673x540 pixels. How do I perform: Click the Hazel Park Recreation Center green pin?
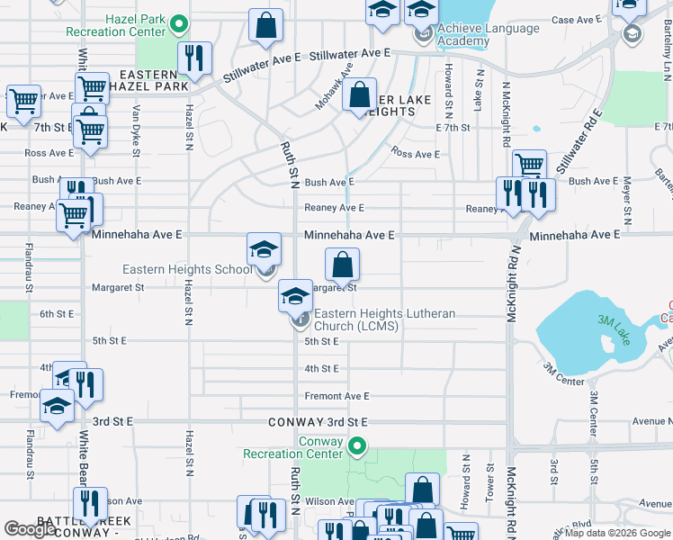pos(179,24)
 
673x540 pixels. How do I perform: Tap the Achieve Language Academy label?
pos(489,34)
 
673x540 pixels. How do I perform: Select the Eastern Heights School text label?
pos(187,269)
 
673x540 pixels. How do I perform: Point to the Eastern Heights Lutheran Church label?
pos(384,319)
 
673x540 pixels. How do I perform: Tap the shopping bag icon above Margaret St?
pos(342,265)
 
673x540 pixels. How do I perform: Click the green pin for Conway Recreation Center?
pos(358,445)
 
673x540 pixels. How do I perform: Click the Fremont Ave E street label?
pos(337,396)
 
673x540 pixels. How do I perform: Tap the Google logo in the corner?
pos(31,529)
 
